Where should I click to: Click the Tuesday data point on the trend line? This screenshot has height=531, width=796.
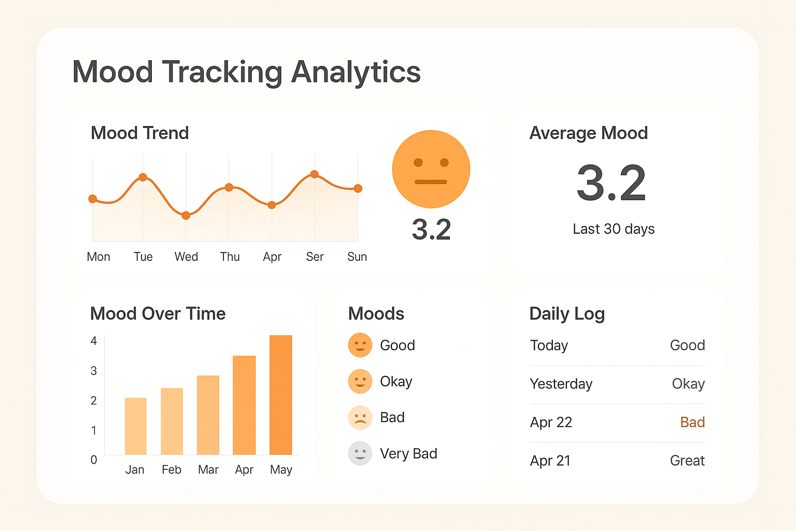[143, 177]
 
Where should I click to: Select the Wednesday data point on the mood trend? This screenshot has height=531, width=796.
[186, 215]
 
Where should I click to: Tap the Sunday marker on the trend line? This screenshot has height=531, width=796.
[358, 188]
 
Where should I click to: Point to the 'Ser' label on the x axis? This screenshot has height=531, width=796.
[315, 257]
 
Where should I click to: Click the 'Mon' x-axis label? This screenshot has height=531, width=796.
[98, 257]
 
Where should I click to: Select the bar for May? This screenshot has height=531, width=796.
[281, 395]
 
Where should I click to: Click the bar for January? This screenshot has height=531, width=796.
[135, 426]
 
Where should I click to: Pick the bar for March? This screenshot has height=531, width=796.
[208, 415]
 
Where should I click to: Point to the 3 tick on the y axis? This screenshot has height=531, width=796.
[94, 371]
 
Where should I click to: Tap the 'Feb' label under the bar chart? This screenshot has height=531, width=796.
[172, 470]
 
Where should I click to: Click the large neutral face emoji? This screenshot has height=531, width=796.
[431, 169]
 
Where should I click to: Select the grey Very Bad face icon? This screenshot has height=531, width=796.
[360, 454]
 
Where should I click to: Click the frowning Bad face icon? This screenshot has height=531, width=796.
[360, 417]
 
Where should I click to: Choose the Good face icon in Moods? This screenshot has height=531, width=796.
[360, 345]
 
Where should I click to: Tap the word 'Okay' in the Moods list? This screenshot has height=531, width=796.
[396, 382]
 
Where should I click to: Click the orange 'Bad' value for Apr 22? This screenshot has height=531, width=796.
[692, 422]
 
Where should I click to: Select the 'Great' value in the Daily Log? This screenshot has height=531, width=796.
[687, 460]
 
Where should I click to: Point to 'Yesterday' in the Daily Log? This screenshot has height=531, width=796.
[561, 384]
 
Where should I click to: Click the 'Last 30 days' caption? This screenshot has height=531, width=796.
[614, 229]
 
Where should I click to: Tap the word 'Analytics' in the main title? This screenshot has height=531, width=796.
[356, 72]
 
